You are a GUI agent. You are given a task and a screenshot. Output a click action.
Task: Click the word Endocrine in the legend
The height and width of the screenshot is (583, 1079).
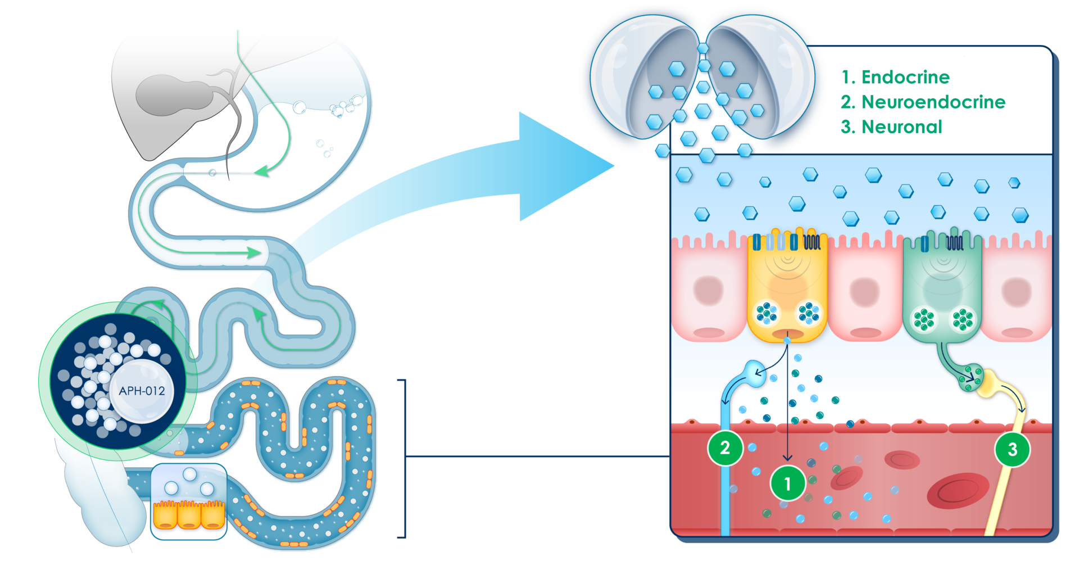click(905, 77)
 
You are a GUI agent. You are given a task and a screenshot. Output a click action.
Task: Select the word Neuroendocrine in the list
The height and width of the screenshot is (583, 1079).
click(933, 102)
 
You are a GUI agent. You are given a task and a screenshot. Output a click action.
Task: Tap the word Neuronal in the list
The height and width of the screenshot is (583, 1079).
click(901, 127)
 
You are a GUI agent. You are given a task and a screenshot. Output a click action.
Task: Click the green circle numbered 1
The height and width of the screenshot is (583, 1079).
click(787, 483)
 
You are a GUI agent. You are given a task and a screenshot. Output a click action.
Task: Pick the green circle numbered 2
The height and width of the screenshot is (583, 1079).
click(725, 448)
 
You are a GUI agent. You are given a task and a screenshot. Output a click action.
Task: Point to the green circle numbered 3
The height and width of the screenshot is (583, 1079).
click(1012, 449)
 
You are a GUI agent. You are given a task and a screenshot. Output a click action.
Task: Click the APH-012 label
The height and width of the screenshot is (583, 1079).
click(142, 391)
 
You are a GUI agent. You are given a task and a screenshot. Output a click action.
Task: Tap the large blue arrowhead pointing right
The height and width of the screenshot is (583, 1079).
click(562, 166)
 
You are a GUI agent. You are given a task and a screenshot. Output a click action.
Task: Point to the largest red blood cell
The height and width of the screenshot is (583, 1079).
click(958, 491)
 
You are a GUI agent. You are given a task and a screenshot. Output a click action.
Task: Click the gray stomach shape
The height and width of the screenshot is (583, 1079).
click(169, 96)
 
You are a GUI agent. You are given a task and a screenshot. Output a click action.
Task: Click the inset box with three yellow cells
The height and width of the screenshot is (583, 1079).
click(189, 501)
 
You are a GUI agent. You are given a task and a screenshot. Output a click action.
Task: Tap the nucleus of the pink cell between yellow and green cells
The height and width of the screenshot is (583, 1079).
click(864, 292)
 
